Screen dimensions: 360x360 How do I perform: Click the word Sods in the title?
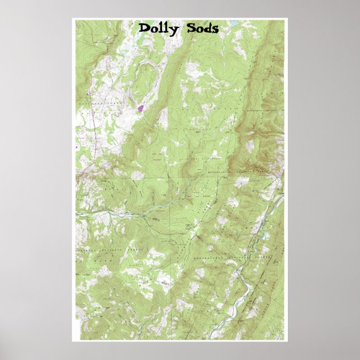[202, 28]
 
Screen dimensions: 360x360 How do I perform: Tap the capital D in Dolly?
[144, 28]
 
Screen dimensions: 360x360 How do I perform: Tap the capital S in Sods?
[191, 28]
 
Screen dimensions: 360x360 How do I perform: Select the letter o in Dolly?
[153, 29]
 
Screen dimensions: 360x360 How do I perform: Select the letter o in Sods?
[200, 29]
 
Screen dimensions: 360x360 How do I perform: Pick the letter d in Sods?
[208, 28]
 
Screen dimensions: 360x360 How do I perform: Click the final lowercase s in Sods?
[215, 29]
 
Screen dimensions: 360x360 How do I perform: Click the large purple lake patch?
[141, 106]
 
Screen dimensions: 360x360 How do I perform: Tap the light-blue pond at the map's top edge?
[233, 23]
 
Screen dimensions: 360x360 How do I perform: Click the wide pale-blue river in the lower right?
[244, 285]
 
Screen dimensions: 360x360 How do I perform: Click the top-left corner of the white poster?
[72, 18]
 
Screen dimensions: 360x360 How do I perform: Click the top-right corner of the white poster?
[287, 18]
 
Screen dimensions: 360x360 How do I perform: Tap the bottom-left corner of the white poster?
[72, 341]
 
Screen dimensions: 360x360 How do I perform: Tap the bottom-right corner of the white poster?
[287, 341]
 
